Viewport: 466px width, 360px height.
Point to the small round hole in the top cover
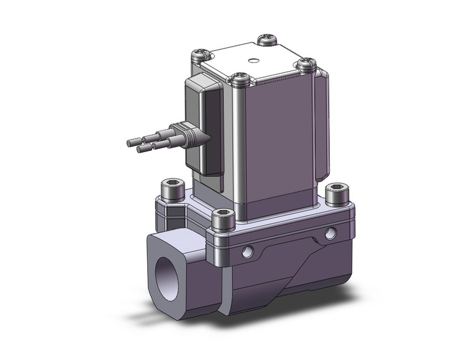252,61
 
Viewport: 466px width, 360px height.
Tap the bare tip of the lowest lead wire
140,148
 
